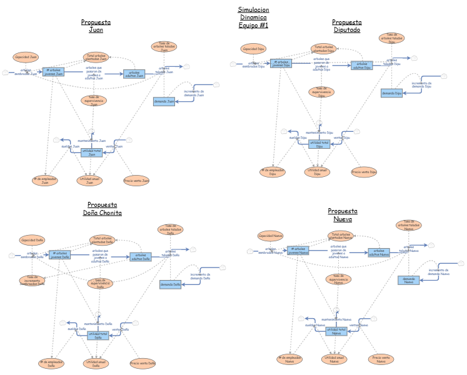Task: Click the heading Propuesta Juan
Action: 96,26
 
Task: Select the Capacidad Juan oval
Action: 26,57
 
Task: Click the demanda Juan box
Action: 164,101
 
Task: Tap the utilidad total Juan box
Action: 91,152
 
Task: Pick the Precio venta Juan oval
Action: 137,181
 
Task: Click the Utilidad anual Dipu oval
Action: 318,171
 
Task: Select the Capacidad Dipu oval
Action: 254,48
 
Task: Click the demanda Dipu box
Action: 391,93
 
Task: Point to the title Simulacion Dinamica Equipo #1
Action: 253,17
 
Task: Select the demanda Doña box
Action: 170,284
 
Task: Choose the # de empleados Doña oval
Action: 51,363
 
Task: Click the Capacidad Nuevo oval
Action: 270,236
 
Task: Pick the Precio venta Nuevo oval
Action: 381,359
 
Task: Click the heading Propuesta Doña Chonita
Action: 103,209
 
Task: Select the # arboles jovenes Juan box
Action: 54,72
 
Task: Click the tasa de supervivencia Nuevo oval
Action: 338,279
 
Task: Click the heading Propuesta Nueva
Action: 343,215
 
